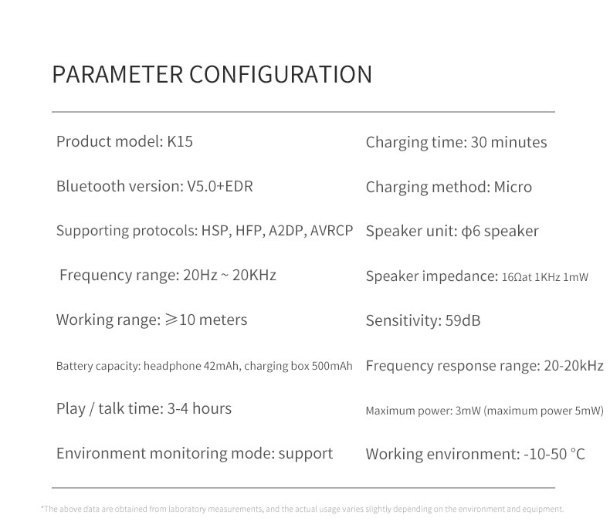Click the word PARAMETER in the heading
[117, 74]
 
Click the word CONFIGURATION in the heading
[281, 74]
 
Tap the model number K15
[180, 141]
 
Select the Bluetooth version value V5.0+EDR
[220, 186]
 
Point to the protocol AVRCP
[331, 231]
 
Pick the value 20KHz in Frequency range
[254, 276]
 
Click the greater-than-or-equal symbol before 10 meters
[171, 320]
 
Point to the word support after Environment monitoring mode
[306, 454]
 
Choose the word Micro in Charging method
[513, 187]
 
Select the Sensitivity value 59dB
[463, 321]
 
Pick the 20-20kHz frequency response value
[574, 365]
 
